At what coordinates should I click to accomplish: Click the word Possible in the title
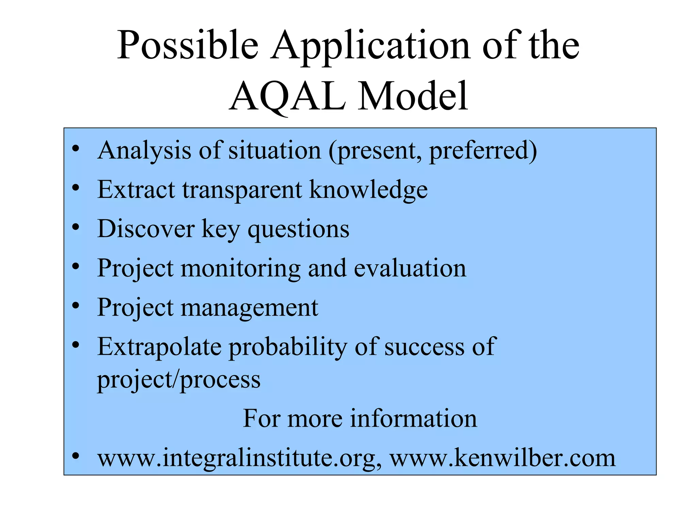(x=188, y=45)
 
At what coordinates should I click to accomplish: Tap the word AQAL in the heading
(x=287, y=96)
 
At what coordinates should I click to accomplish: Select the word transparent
(x=242, y=190)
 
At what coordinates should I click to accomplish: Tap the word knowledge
(x=368, y=190)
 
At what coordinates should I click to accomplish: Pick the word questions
(x=298, y=229)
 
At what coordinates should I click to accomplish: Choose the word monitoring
(x=240, y=269)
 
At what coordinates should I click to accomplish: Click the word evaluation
(x=410, y=268)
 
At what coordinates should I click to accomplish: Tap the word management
(x=249, y=308)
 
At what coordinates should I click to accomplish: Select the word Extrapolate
(x=159, y=347)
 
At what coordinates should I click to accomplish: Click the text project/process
(x=179, y=380)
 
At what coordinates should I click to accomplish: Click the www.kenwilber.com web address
(x=502, y=458)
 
